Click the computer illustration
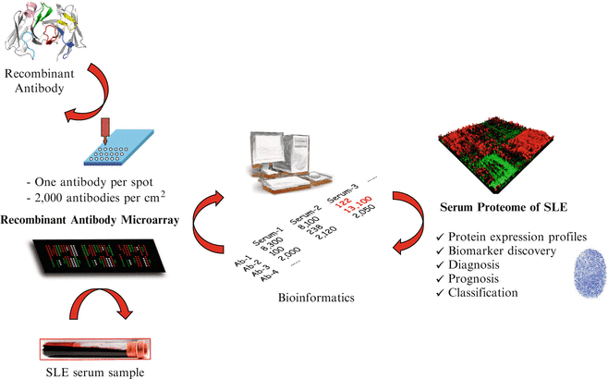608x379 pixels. (x=293, y=166)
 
